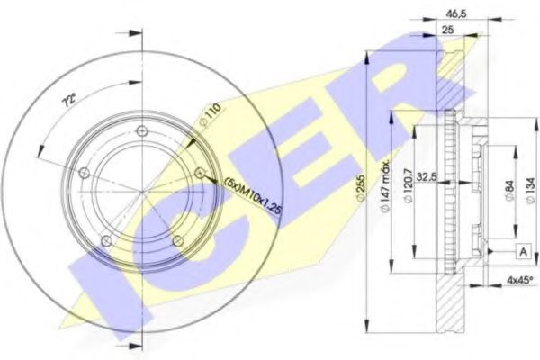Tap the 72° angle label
coord(67,101)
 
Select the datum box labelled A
coord(521,251)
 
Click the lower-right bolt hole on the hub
coord(177,239)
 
